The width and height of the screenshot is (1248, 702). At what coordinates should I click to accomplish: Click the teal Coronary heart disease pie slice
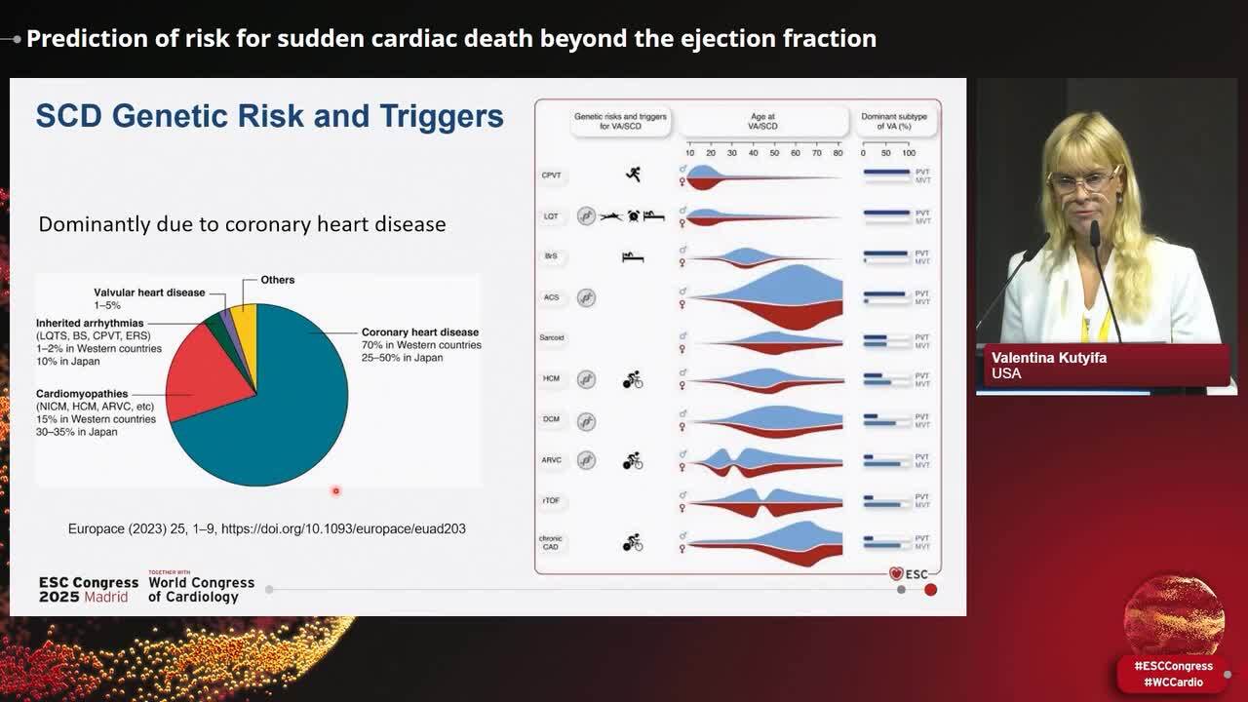point(283,409)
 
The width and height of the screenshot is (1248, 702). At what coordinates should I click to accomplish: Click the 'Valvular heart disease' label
point(149,292)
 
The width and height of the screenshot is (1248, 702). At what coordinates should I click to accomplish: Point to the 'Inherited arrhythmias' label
point(90,323)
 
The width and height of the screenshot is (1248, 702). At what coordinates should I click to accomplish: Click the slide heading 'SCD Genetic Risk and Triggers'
point(269,116)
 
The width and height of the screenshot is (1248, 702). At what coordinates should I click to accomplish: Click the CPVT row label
point(551,175)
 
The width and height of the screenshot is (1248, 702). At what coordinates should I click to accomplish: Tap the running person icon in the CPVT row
point(633,175)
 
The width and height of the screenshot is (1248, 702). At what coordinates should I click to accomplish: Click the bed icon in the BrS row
point(633,256)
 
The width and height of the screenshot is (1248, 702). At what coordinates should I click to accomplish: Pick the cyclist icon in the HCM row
point(633,378)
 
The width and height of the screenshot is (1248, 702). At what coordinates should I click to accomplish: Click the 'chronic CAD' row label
point(551,542)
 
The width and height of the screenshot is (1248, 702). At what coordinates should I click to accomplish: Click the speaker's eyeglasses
point(1083,182)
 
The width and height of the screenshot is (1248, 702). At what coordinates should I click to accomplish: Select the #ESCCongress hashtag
point(1173,666)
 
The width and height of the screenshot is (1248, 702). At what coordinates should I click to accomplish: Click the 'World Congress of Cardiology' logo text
point(201,589)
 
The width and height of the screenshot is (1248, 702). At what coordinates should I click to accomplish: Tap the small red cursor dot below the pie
point(335,491)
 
